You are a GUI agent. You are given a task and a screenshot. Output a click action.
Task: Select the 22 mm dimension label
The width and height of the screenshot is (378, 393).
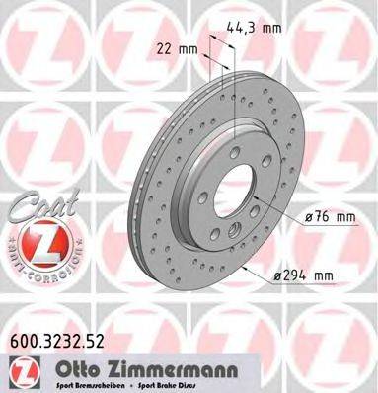[x=175, y=46]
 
